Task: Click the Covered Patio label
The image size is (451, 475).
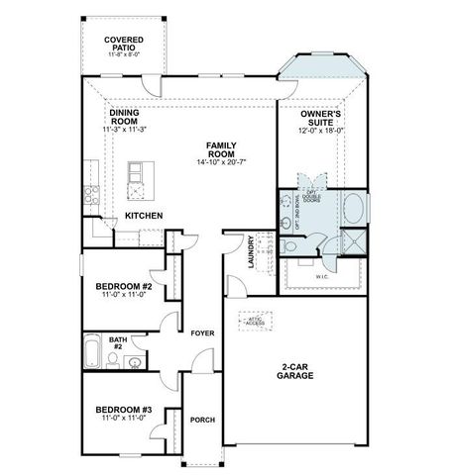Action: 124,43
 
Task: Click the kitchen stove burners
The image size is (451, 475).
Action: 90,195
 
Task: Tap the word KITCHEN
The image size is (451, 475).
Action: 144,215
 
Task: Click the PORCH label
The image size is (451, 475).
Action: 202,420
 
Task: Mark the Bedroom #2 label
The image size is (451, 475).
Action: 123,288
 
